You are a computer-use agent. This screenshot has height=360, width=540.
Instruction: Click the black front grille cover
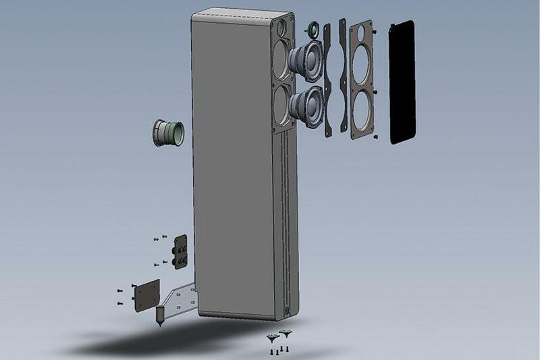[402, 81]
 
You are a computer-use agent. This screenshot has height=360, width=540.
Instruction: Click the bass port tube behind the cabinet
[167, 132]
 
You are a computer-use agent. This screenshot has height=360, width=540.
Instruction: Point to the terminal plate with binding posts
[180, 251]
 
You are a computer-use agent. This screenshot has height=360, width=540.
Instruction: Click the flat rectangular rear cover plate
[146, 295]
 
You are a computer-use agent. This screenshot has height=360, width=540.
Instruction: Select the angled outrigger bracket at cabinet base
[181, 301]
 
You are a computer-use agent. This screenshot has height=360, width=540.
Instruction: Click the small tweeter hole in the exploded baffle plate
[362, 31]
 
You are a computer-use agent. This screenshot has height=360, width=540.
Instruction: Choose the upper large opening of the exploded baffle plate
[361, 66]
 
